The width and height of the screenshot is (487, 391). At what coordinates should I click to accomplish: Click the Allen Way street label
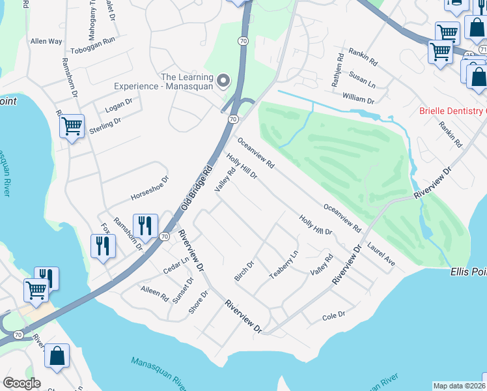pyautogui.click(x=46, y=41)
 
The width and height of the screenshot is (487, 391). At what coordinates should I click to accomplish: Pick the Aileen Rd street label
pyautogui.click(x=154, y=292)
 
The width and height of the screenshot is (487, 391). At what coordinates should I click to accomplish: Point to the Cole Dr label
pyautogui.click(x=333, y=316)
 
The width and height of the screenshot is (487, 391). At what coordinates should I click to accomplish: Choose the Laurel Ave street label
pyautogui.click(x=382, y=254)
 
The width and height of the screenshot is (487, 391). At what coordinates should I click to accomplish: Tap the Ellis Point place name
pyautogui.click(x=468, y=270)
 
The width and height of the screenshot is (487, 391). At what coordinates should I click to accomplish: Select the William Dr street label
pyautogui.click(x=358, y=100)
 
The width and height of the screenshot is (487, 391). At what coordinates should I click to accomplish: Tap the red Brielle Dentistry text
pyautogui.click(x=452, y=111)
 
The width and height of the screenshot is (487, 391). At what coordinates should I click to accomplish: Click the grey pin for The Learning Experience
pyautogui.click(x=223, y=81)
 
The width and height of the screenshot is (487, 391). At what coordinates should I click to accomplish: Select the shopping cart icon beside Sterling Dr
pyautogui.click(x=71, y=125)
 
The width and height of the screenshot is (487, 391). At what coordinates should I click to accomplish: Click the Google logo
pyautogui.click(x=21, y=383)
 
